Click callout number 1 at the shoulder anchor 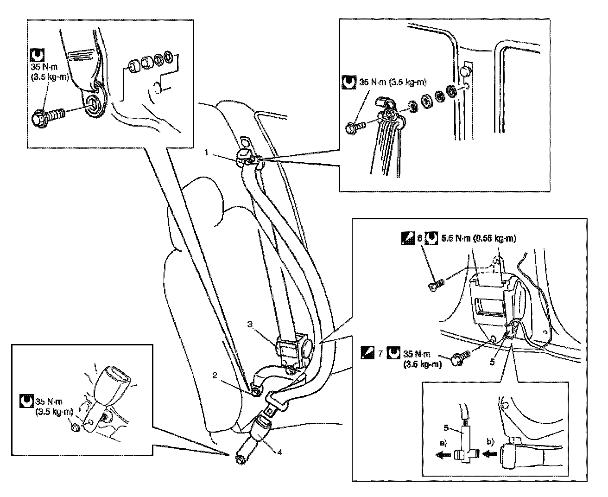(206, 152)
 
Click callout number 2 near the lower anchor (215, 375)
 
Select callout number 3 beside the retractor (250, 325)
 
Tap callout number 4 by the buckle (279, 452)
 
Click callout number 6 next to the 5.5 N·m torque (420, 238)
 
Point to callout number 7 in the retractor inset (380, 353)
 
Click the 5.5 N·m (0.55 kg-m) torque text (479, 238)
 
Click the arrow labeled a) (443, 455)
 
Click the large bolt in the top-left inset (48, 117)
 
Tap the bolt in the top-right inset (355, 127)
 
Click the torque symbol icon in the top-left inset (38, 55)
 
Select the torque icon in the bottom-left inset (26, 401)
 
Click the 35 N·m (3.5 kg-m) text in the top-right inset (393, 83)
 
